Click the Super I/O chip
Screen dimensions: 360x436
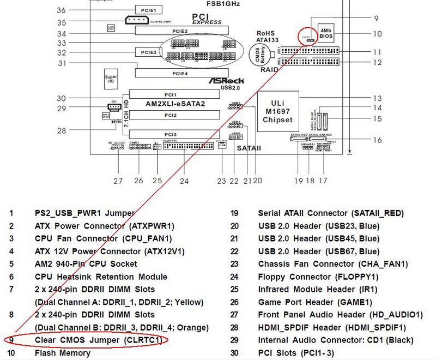111,80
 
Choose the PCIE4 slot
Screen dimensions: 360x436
180,73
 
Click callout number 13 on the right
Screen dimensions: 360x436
377,98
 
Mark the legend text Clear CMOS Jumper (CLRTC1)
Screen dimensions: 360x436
98,340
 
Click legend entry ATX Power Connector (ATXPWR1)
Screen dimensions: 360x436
104,226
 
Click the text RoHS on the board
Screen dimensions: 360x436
267,33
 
